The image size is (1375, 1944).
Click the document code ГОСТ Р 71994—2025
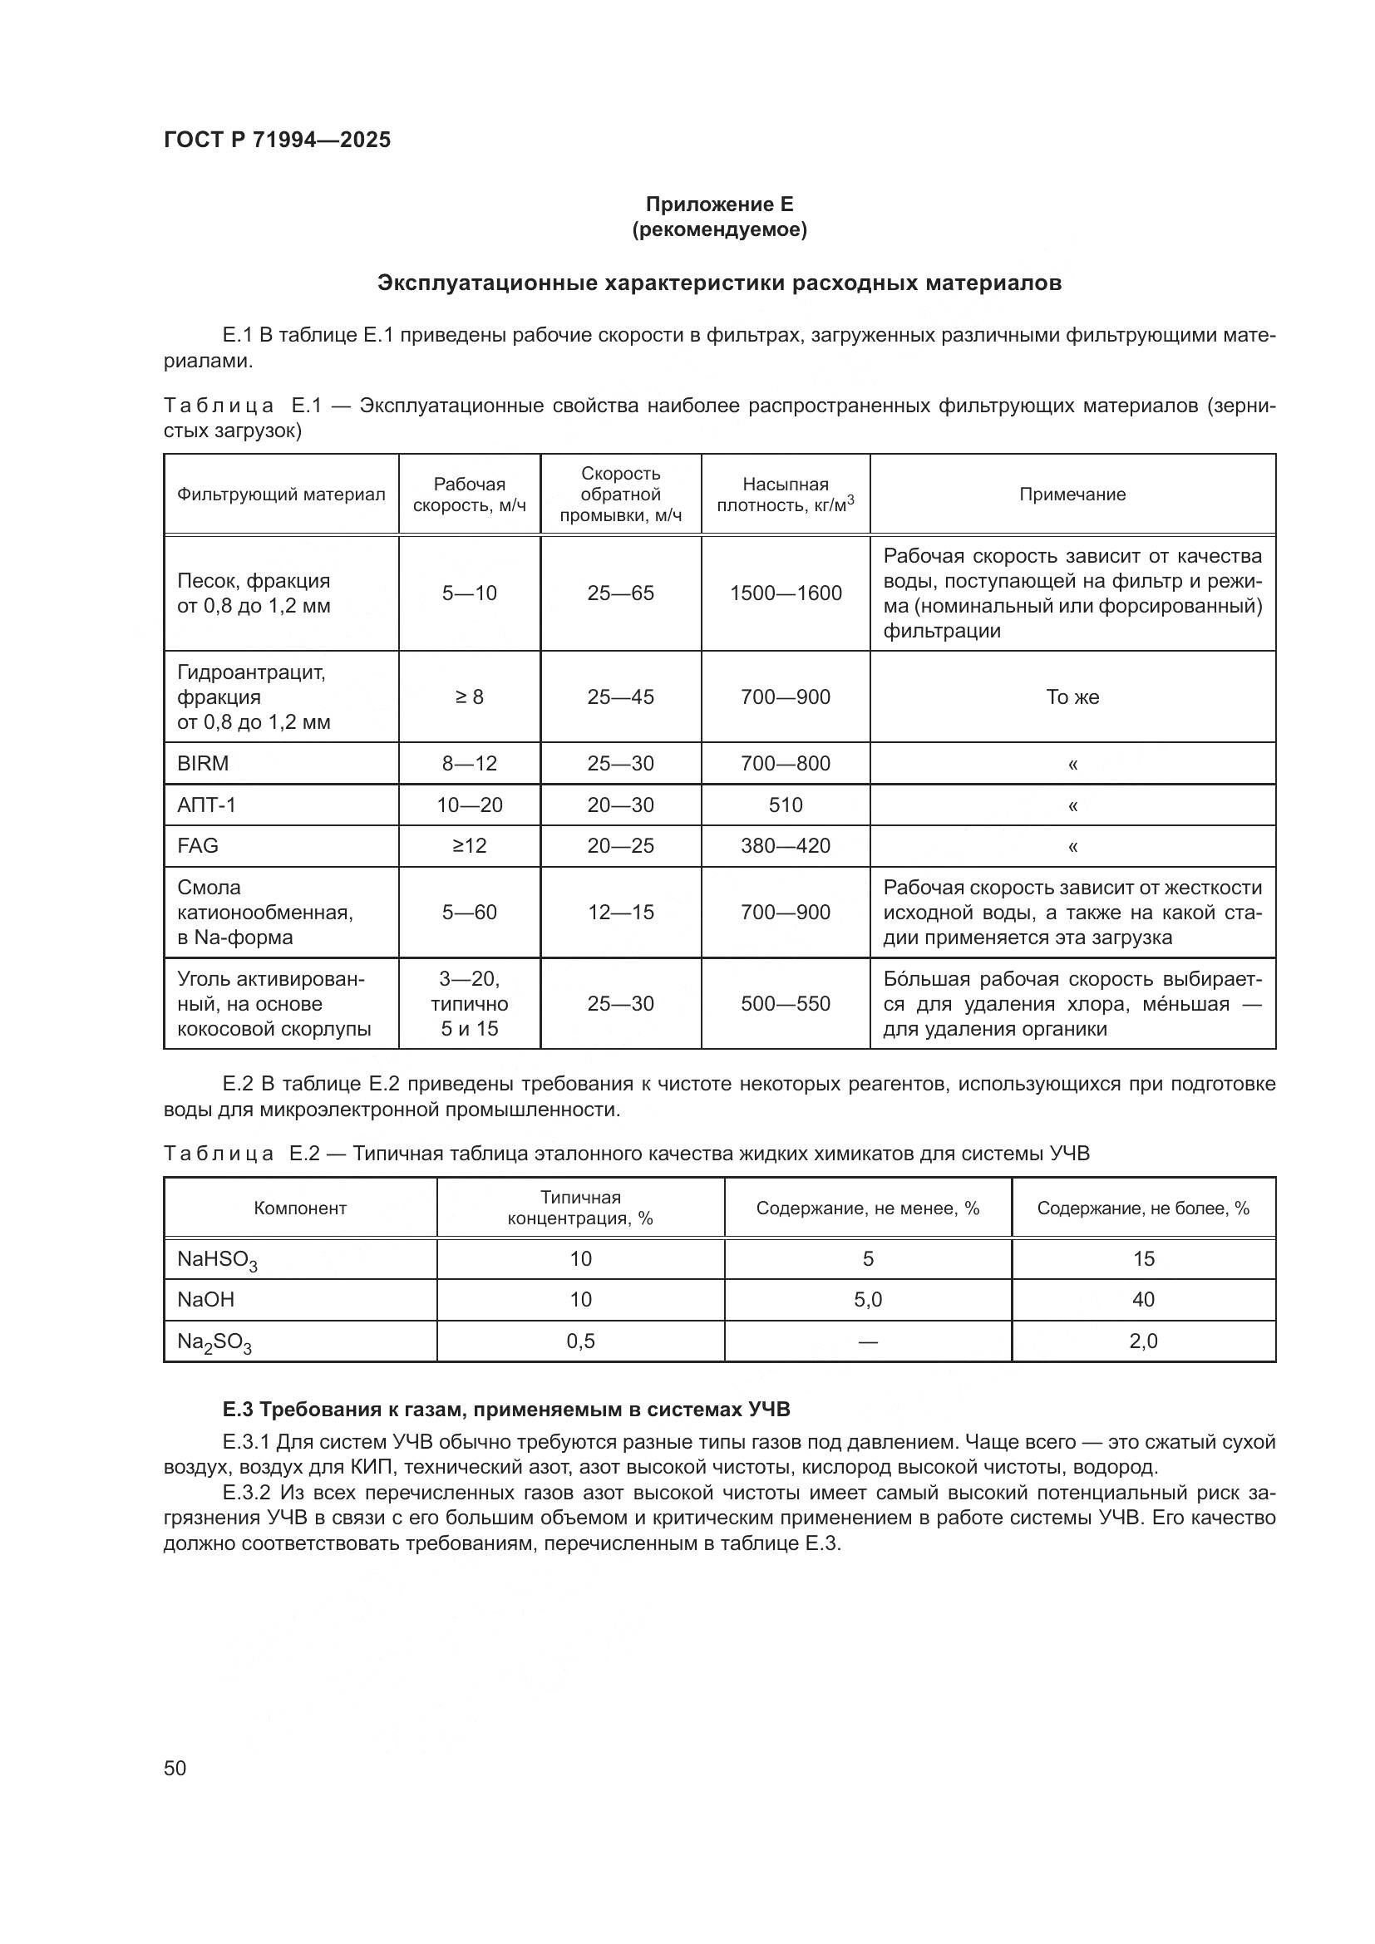(x=277, y=140)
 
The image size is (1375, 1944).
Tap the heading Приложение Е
(x=719, y=204)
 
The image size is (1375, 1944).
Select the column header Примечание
(x=1072, y=495)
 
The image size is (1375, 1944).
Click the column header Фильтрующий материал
(x=281, y=495)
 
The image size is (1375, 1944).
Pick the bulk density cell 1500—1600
(x=786, y=593)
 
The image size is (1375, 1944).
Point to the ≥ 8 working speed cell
(x=469, y=696)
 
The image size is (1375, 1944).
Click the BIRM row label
(x=203, y=764)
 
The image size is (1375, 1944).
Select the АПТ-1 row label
(x=207, y=805)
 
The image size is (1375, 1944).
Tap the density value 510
(x=786, y=805)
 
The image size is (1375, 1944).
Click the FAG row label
(x=198, y=846)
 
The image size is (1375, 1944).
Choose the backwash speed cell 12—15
(x=621, y=913)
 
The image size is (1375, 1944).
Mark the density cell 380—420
(x=786, y=846)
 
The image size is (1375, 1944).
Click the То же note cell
(x=1072, y=696)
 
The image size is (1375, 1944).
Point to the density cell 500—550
(x=786, y=1004)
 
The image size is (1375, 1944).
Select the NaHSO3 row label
(x=217, y=1261)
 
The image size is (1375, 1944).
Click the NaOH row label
(x=205, y=1300)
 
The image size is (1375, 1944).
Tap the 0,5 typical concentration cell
(x=581, y=1341)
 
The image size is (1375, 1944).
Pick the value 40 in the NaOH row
(x=1143, y=1300)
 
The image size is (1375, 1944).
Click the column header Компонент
(x=301, y=1208)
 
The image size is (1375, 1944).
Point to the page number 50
(x=175, y=1769)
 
